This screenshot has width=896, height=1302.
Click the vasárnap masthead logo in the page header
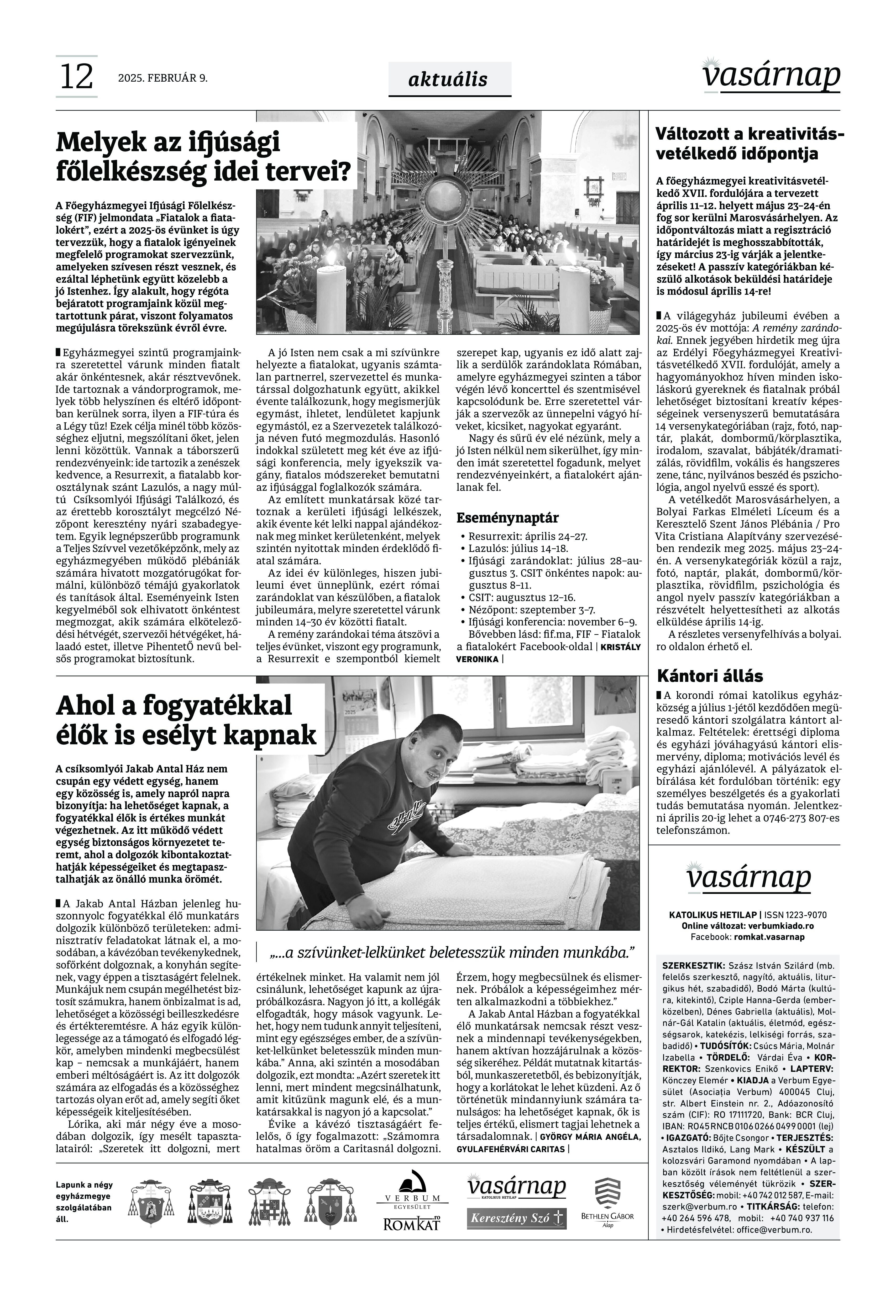tap(773, 76)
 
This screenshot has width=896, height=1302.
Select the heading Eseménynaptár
tap(507, 518)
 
